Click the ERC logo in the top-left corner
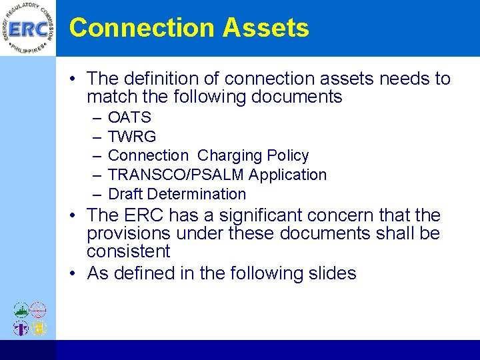click(27, 29)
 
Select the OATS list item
click(129, 117)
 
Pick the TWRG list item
click(132, 137)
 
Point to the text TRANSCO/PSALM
click(176, 175)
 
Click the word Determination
click(197, 194)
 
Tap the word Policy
click(287, 156)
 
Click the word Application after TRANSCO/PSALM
click(287, 175)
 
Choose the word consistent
click(129, 251)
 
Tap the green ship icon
click(21, 310)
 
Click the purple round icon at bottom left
click(21, 327)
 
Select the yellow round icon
click(39, 327)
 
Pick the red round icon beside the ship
click(39, 310)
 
